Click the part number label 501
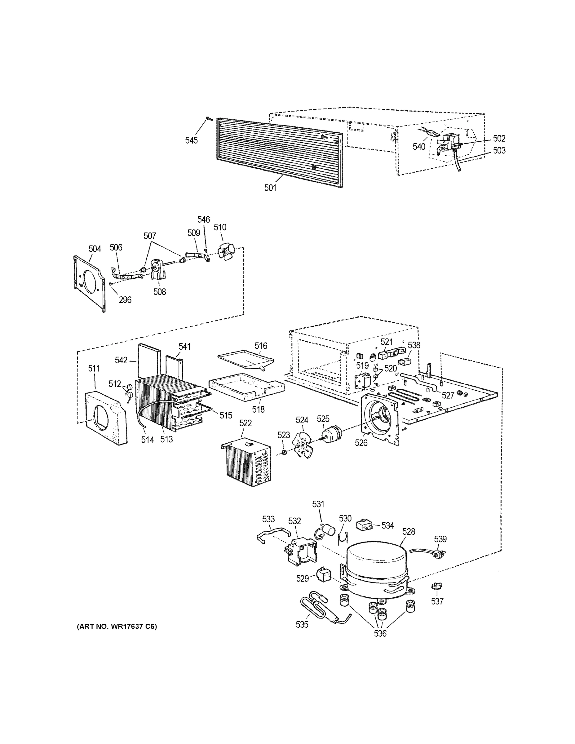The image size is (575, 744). (270, 188)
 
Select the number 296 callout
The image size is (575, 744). (125, 300)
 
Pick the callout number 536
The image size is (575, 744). (380, 633)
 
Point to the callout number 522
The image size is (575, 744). (245, 423)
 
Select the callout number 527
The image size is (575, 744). (448, 395)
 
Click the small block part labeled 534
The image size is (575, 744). (364, 525)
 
